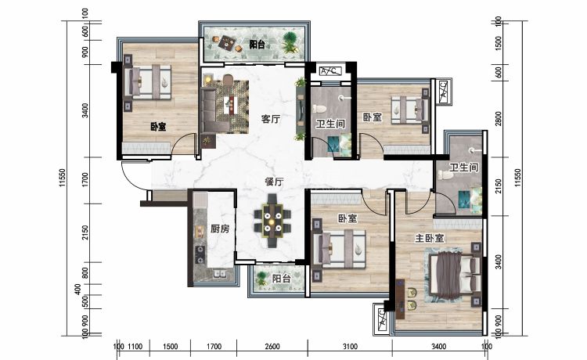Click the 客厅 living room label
[271, 119]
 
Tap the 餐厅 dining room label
[274, 182]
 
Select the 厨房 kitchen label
[220, 229]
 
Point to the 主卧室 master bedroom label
[430, 238]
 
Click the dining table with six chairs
[272, 221]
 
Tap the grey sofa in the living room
[214, 110]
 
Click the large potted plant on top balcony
[290, 42]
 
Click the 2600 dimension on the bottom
[272, 347]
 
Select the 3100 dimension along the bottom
[350, 347]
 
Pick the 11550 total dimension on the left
[62, 178]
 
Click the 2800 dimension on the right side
[498, 119]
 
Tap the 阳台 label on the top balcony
[257, 45]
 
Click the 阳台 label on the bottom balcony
[281, 279]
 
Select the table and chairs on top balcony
[226, 43]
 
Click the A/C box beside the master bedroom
[381, 318]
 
